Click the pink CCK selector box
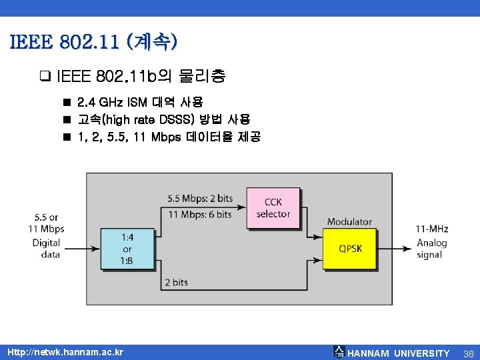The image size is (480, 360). click(x=273, y=207)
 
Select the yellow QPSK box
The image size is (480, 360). click(x=351, y=248)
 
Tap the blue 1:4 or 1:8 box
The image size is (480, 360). click(x=127, y=248)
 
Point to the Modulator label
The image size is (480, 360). click(x=349, y=221)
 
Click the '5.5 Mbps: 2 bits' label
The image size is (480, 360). click(x=200, y=198)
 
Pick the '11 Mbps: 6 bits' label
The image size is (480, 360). click(x=201, y=214)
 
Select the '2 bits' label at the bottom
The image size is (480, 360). click(x=176, y=282)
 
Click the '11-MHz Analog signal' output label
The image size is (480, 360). click(x=431, y=242)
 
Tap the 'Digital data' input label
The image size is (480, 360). click(x=46, y=248)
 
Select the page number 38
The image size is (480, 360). click(x=469, y=353)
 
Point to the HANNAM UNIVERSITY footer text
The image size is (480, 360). click(x=399, y=353)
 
